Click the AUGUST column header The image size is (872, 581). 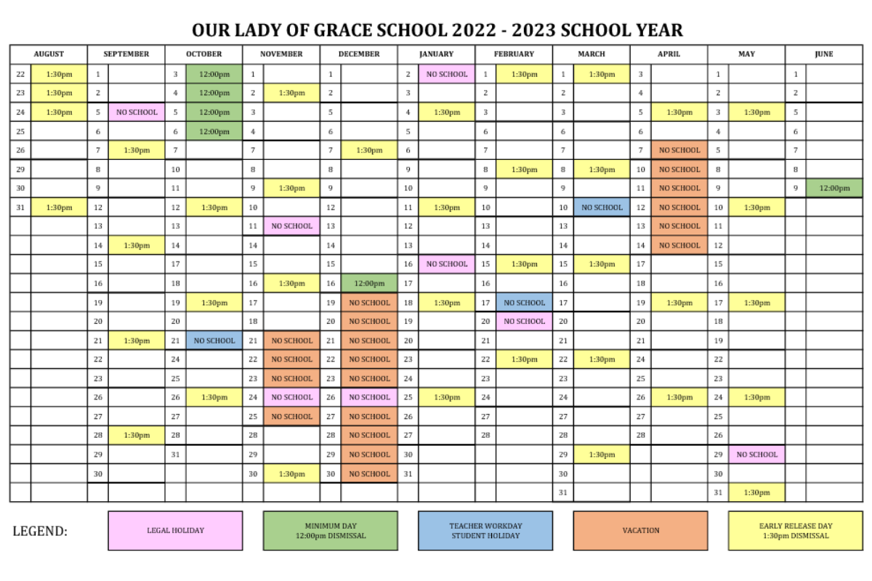[49, 54]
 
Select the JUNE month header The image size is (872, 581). [824, 54]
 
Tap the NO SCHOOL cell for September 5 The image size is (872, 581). [137, 113]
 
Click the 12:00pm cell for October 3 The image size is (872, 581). [214, 74]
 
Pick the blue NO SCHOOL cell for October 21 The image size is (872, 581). [214, 341]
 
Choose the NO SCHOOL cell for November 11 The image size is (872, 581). [292, 226]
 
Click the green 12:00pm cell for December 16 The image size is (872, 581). [369, 283]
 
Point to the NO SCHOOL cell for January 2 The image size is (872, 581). [447, 74]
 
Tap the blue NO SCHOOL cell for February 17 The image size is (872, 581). [525, 303]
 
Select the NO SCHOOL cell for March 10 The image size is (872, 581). [602, 207]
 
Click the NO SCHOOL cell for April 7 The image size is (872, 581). [679, 150]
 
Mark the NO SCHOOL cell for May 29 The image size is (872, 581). [757, 455]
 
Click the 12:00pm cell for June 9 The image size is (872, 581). [834, 188]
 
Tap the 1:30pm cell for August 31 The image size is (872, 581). [59, 207]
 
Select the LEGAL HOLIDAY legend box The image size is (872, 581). [175, 530]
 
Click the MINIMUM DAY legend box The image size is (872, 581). [331, 530]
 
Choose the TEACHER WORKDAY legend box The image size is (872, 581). [485, 530]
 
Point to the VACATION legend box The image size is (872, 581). [640, 530]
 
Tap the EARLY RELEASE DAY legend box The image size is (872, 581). [796, 530]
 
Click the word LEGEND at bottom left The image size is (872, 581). [40, 531]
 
